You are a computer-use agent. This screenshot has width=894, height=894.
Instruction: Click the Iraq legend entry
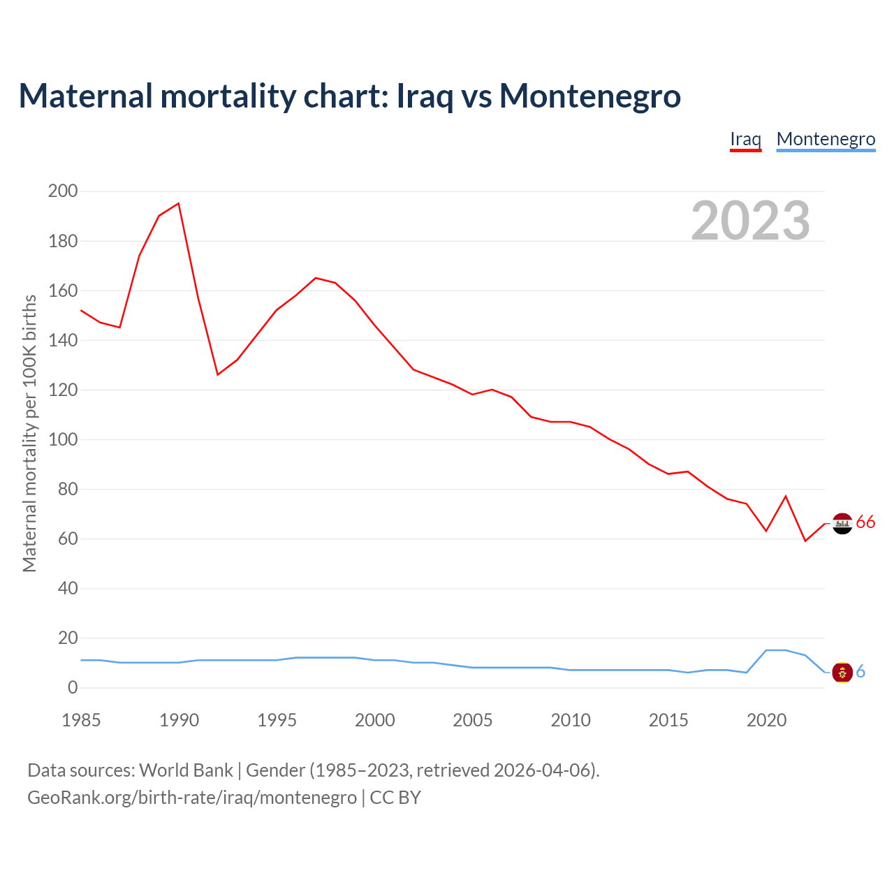coord(745,139)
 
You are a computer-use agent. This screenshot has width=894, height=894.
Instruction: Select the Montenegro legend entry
coord(826,139)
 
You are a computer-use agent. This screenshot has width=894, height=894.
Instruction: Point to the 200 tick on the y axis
coord(63,191)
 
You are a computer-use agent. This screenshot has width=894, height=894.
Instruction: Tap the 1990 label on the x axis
coord(179,720)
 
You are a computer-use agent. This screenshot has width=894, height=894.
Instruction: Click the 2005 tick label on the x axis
coord(472,720)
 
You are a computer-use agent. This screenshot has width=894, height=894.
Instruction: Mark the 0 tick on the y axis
coord(73,688)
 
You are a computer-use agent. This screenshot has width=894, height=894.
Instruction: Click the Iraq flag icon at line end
coord(842,523)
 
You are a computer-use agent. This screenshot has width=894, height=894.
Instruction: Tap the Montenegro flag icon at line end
coord(842,672)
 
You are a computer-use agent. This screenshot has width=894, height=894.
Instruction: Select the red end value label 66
coord(865,522)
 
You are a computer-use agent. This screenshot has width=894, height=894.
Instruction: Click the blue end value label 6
coord(860,672)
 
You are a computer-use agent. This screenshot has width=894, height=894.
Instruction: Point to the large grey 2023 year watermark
coord(750,221)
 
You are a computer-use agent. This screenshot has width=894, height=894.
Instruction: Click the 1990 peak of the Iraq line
coord(179,203)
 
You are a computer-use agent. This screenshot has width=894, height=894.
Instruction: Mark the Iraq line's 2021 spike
coord(786,496)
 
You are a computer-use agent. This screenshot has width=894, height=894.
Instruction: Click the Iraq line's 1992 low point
coord(218,374)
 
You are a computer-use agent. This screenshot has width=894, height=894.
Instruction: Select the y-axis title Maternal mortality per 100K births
coord(29,433)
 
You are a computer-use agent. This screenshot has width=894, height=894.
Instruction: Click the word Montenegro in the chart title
coord(590,96)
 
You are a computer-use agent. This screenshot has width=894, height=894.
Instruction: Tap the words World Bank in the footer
coord(186,770)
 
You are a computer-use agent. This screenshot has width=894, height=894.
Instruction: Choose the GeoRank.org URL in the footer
coord(192,798)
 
